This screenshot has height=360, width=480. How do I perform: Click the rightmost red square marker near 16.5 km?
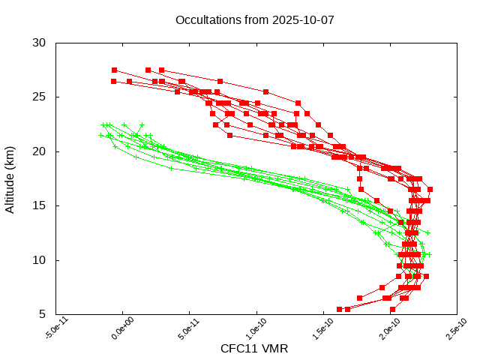[x=430, y=189]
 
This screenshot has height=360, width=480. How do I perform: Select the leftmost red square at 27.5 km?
[x=114, y=70]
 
